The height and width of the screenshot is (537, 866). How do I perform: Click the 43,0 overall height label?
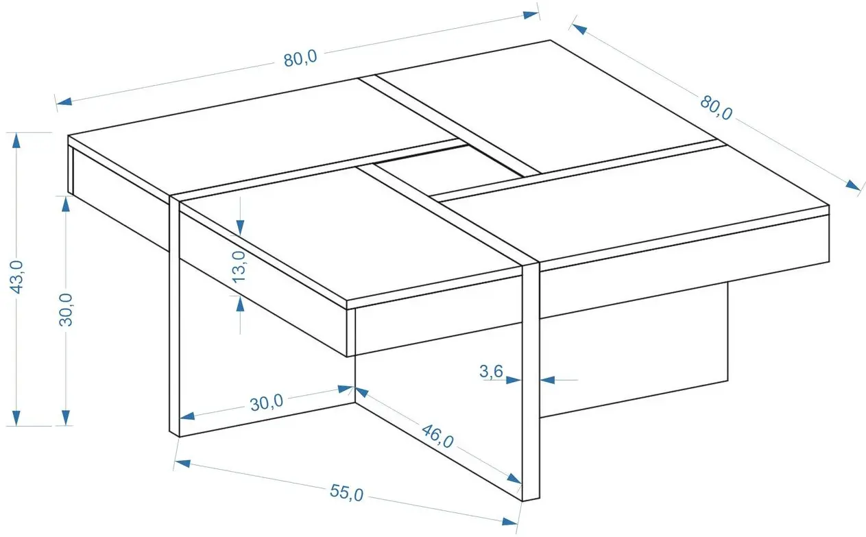(16, 277)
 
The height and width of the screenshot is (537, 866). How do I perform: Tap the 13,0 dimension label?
(239, 267)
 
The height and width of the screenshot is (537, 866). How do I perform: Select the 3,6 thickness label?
(491, 372)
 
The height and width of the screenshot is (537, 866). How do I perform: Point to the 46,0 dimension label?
(437, 436)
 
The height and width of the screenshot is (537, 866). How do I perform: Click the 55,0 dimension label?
(346, 493)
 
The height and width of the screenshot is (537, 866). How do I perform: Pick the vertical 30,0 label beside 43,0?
(66, 310)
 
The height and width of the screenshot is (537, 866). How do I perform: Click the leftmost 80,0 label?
(300, 58)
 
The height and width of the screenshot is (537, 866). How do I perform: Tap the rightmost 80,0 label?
(716, 108)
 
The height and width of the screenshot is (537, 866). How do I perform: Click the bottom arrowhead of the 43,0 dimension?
(16, 418)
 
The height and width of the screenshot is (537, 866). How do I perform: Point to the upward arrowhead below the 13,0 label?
(240, 304)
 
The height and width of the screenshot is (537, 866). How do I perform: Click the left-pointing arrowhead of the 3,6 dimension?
(547, 380)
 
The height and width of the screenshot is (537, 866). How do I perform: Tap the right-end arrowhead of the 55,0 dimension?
(509, 521)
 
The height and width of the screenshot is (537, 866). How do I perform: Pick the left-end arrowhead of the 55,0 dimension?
(182, 463)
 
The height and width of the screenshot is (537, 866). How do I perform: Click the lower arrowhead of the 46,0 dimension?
(514, 479)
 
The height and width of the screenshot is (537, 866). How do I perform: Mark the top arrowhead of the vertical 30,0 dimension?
(66, 204)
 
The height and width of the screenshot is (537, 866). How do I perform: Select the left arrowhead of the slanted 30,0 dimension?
(187, 416)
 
